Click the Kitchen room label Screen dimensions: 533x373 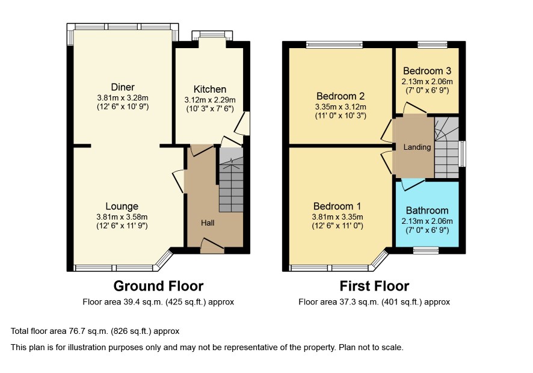point(210,90)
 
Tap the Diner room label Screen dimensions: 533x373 point(123,87)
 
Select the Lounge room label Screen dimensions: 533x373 point(122,206)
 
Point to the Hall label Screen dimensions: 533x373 point(208,223)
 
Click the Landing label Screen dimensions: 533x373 point(417,147)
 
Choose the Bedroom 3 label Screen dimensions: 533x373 point(427,71)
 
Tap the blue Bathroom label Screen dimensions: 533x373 point(427,211)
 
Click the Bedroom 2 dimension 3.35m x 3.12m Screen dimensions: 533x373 point(340,106)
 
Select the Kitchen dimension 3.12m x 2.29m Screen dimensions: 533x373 point(210,100)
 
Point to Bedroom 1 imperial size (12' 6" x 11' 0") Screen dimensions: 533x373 point(337,226)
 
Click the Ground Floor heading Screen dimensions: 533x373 point(158,286)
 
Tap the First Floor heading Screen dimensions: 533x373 point(374,286)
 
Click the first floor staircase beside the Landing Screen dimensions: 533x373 point(446,147)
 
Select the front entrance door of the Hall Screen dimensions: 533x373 point(213,246)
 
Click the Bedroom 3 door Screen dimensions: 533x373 point(414,108)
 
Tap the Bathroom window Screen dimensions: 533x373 point(426,251)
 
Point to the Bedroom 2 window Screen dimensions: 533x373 point(334,45)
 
